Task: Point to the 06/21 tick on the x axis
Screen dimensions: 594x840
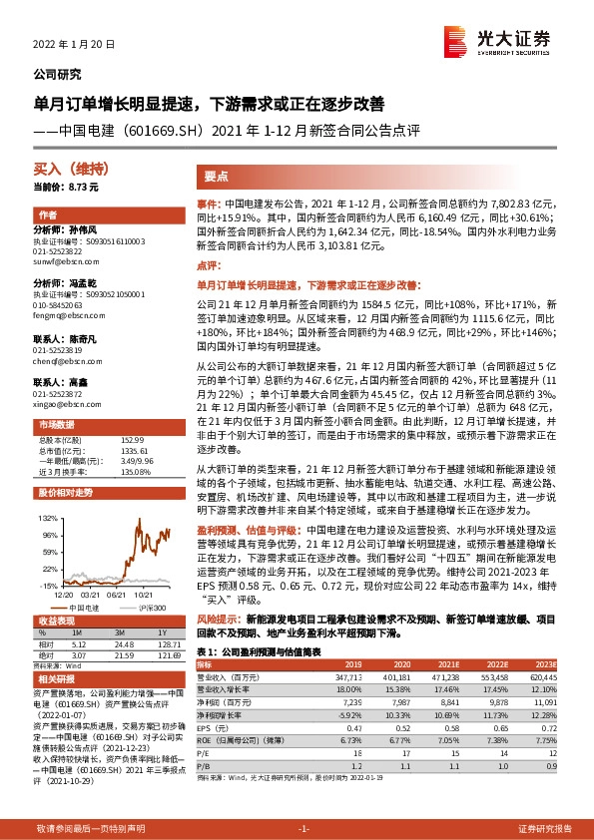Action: [118, 592]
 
